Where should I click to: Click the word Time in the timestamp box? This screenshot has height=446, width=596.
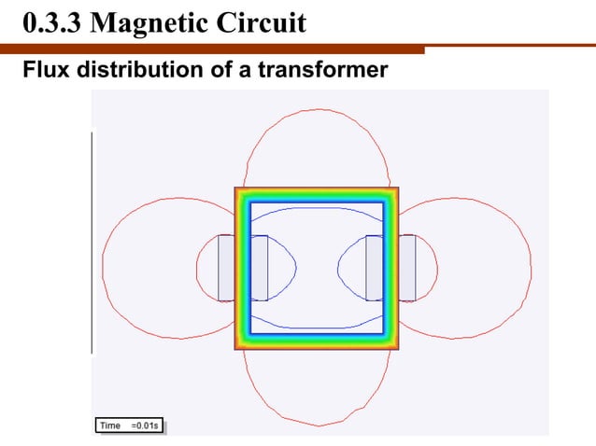[x=111, y=425]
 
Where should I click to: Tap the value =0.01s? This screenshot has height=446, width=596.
[x=147, y=425]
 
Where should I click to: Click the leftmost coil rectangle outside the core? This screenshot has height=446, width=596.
[x=225, y=268]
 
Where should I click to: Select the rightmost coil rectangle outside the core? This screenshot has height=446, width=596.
[x=407, y=268]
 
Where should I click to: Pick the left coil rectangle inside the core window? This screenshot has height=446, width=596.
[x=259, y=268]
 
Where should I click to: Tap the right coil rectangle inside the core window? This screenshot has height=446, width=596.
[x=374, y=268]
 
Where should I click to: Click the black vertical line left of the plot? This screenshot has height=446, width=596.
[x=92, y=243]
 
